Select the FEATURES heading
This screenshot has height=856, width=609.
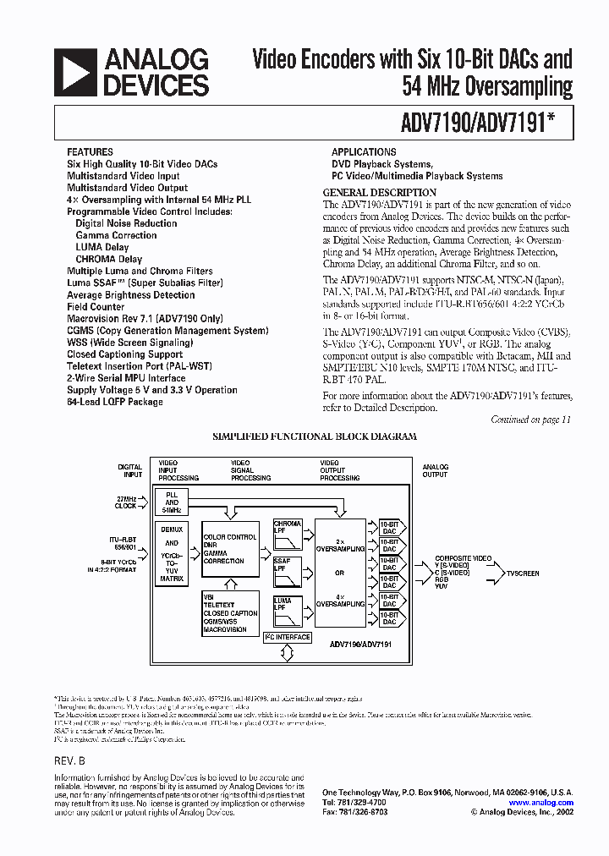click(x=90, y=152)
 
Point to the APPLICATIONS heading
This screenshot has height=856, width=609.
click(x=364, y=152)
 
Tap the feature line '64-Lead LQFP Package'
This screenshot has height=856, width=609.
click(x=115, y=402)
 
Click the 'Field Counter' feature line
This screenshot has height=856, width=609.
click(x=96, y=307)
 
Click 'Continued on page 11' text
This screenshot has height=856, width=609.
click(x=531, y=420)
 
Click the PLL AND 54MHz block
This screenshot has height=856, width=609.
click(x=173, y=502)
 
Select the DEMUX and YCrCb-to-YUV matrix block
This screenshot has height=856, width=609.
click(x=173, y=555)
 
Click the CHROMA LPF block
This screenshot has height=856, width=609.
click(x=288, y=535)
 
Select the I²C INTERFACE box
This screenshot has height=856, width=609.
click(x=288, y=637)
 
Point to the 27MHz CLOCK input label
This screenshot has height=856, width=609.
click(x=129, y=503)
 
